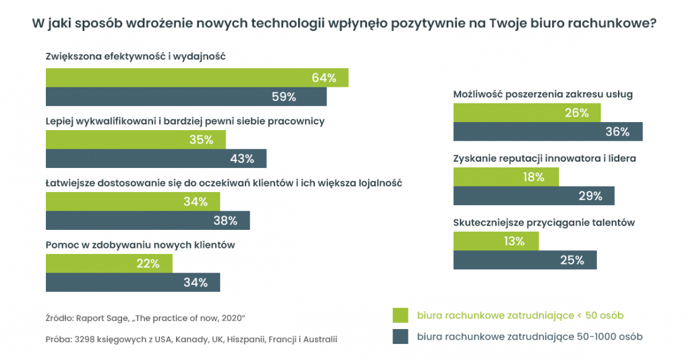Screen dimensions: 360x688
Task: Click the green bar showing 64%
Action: coord(197,77)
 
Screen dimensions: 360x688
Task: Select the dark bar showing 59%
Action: coord(186,97)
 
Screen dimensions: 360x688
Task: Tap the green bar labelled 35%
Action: coord(136,139)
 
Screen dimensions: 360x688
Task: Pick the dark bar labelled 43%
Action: coord(156,159)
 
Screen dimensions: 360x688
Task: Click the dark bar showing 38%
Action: coord(148,221)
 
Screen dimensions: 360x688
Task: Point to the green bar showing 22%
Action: coord(109,263)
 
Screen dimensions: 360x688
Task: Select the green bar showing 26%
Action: coord(527,113)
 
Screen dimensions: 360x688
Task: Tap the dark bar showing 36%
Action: coord(548,132)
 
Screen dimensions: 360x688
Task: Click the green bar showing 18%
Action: coord(506,177)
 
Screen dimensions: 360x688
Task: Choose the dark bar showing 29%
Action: coord(534,196)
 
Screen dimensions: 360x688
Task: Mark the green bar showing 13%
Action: coord(496,242)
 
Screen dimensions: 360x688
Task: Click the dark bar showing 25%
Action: coord(525,260)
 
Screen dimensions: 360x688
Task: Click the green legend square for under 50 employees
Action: coord(401,315)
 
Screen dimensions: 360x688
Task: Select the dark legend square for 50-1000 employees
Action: coord(401,336)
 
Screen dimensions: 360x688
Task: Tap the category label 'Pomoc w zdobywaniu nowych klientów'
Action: coord(140,245)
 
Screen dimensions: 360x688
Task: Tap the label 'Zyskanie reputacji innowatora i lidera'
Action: coord(545,158)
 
